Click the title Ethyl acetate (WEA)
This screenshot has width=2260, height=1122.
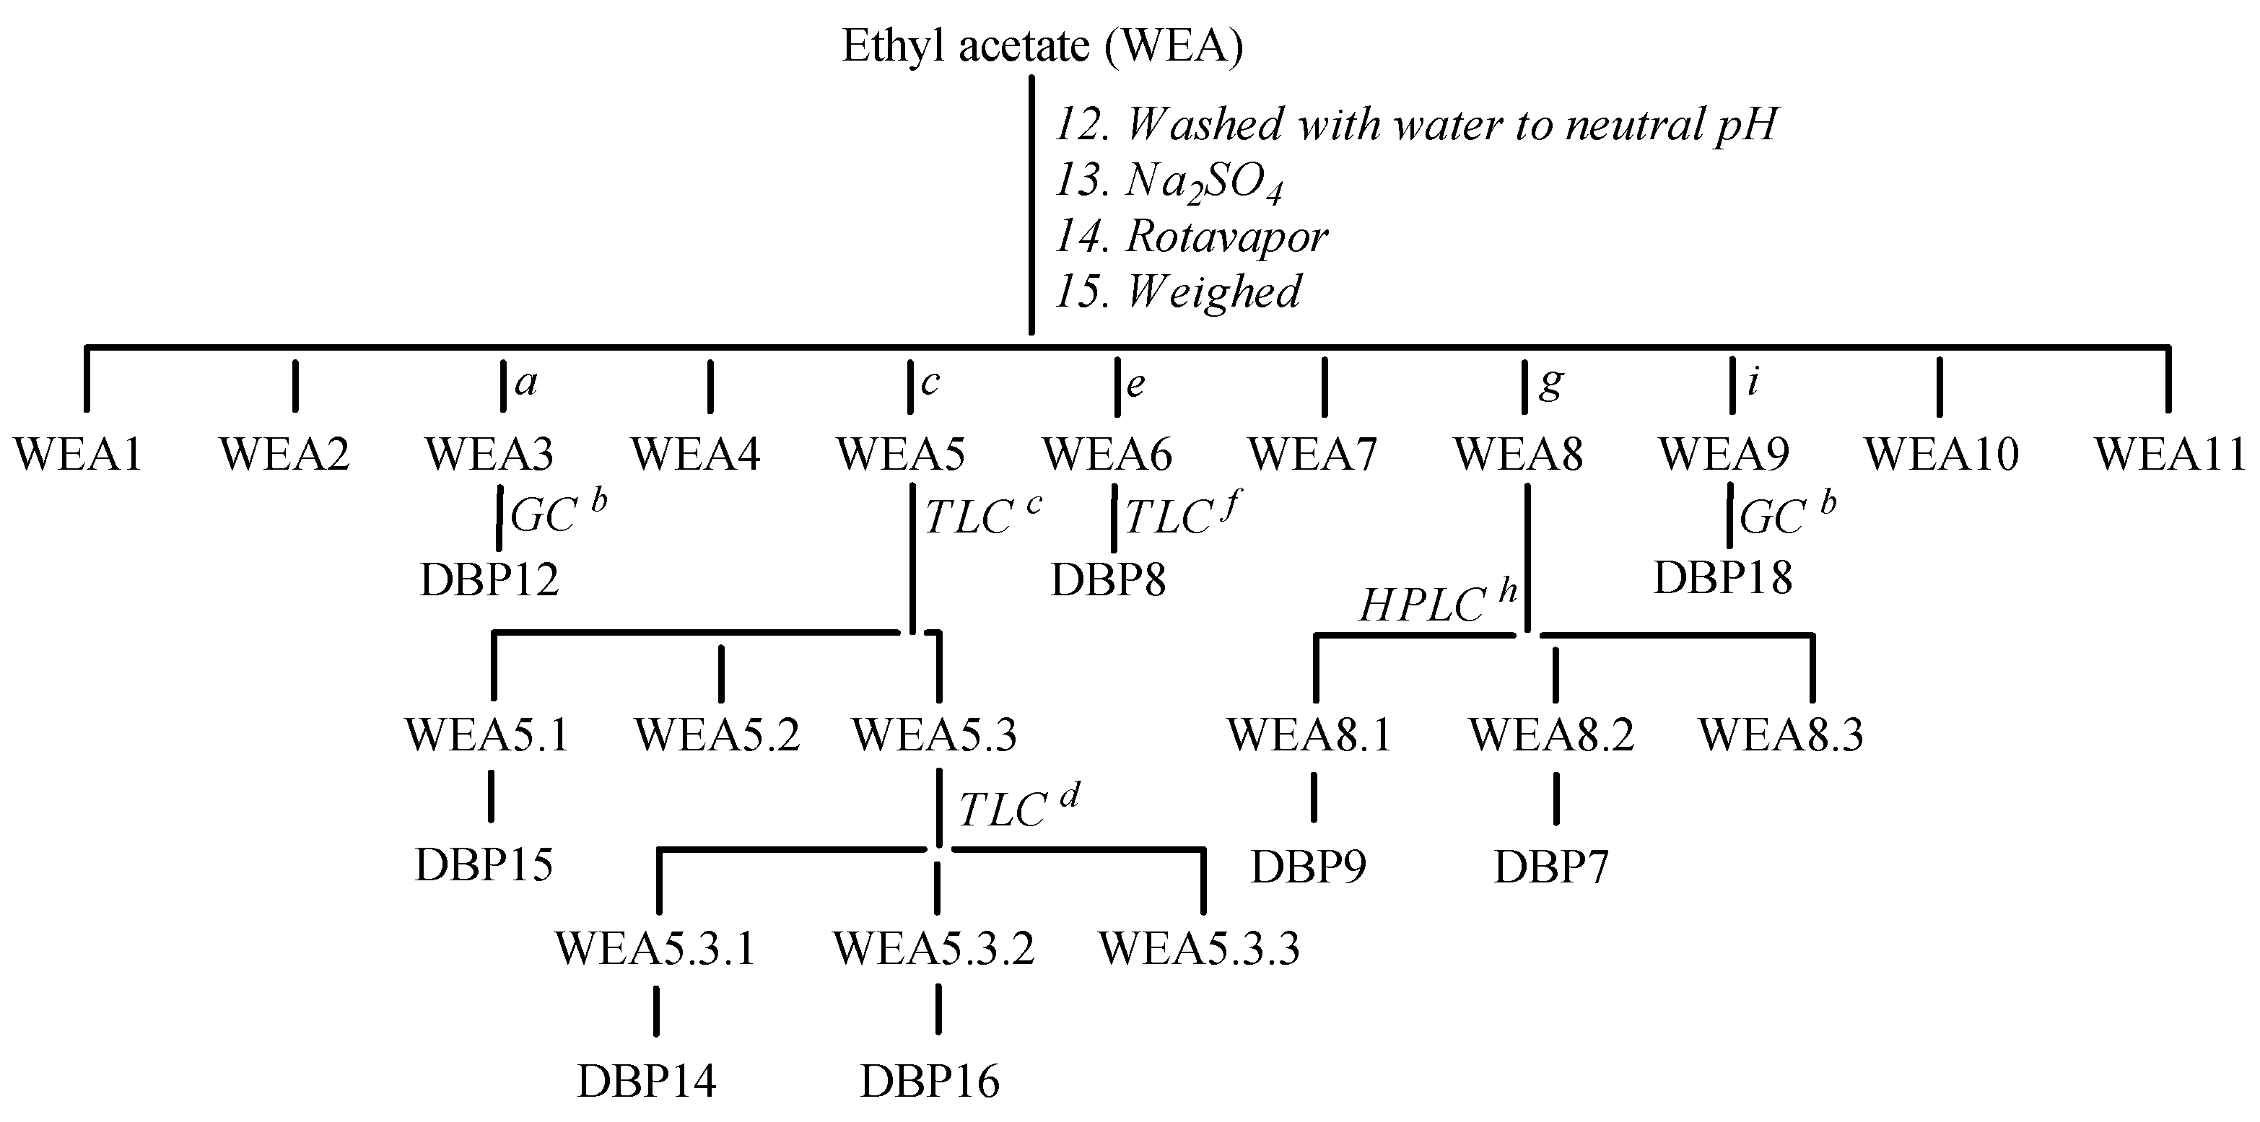pyautogui.click(x=1042, y=48)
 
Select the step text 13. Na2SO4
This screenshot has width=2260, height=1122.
pyautogui.click(x=1169, y=183)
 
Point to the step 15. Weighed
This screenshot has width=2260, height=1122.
pyautogui.click(x=1177, y=292)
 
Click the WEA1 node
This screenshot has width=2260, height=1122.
pyautogui.click(x=78, y=455)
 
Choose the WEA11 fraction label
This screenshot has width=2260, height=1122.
pyautogui.click(x=2169, y=455)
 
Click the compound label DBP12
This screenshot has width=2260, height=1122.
pyautogui.click(x=489, y=580)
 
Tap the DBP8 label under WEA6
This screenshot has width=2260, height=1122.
pyautogui.click(x=1108, y=580)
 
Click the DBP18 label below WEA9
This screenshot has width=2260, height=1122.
pyautogui.click(x=1722, y=578)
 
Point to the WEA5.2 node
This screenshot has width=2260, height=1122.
pyautogui.click(x=717, y=735)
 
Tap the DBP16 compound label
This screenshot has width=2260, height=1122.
pyautogui.click(x=929, y=1082)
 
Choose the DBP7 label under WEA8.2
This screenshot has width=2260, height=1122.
pyautogui.click(x=1551, y=867)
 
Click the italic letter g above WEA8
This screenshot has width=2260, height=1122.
pyautogui.click(x=1551, y=382)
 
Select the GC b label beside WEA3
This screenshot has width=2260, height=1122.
pyautogui.click(x=557, y=515)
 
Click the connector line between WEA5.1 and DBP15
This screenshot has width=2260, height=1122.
pyautogui.click(x=490, y=797)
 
